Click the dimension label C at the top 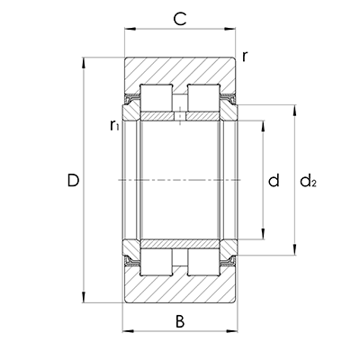click(179, 18)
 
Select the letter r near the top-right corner click(245, 57)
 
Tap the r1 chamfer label click(114, 126)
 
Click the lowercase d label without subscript click(274, 181)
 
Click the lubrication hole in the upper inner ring click(180, 116)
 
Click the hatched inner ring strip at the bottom click(180, 244)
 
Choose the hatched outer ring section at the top click(180, 70)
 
